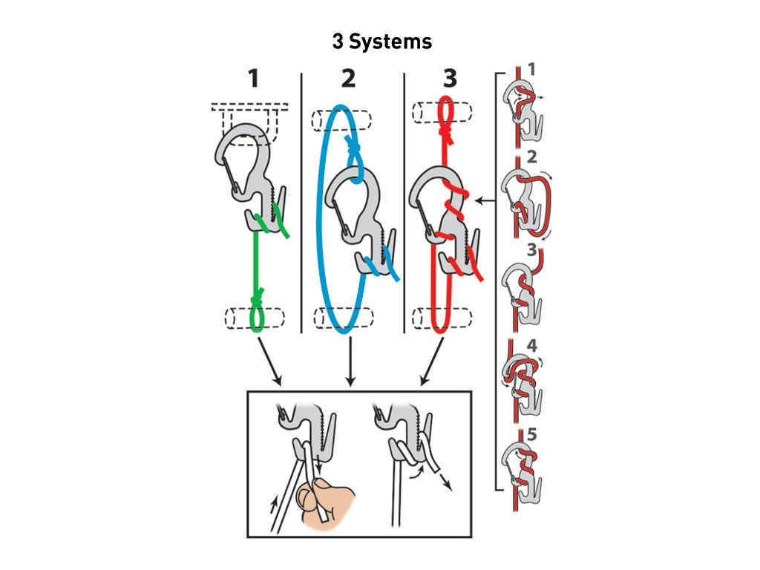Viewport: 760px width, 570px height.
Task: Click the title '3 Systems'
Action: pos(381,42)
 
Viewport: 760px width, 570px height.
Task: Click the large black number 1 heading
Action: pos(254,79)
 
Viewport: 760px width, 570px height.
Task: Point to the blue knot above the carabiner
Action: pos(354,149)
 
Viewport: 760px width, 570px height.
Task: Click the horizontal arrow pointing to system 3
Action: pos(487,200)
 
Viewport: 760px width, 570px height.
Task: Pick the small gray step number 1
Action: pos(531,69)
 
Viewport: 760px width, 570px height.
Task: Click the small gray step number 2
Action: pos(531,157)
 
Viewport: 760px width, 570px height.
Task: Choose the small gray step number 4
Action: pos(531,346)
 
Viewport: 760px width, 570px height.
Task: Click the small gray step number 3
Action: pos(531,250)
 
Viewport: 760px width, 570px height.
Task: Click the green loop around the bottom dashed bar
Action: pos(257,321)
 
